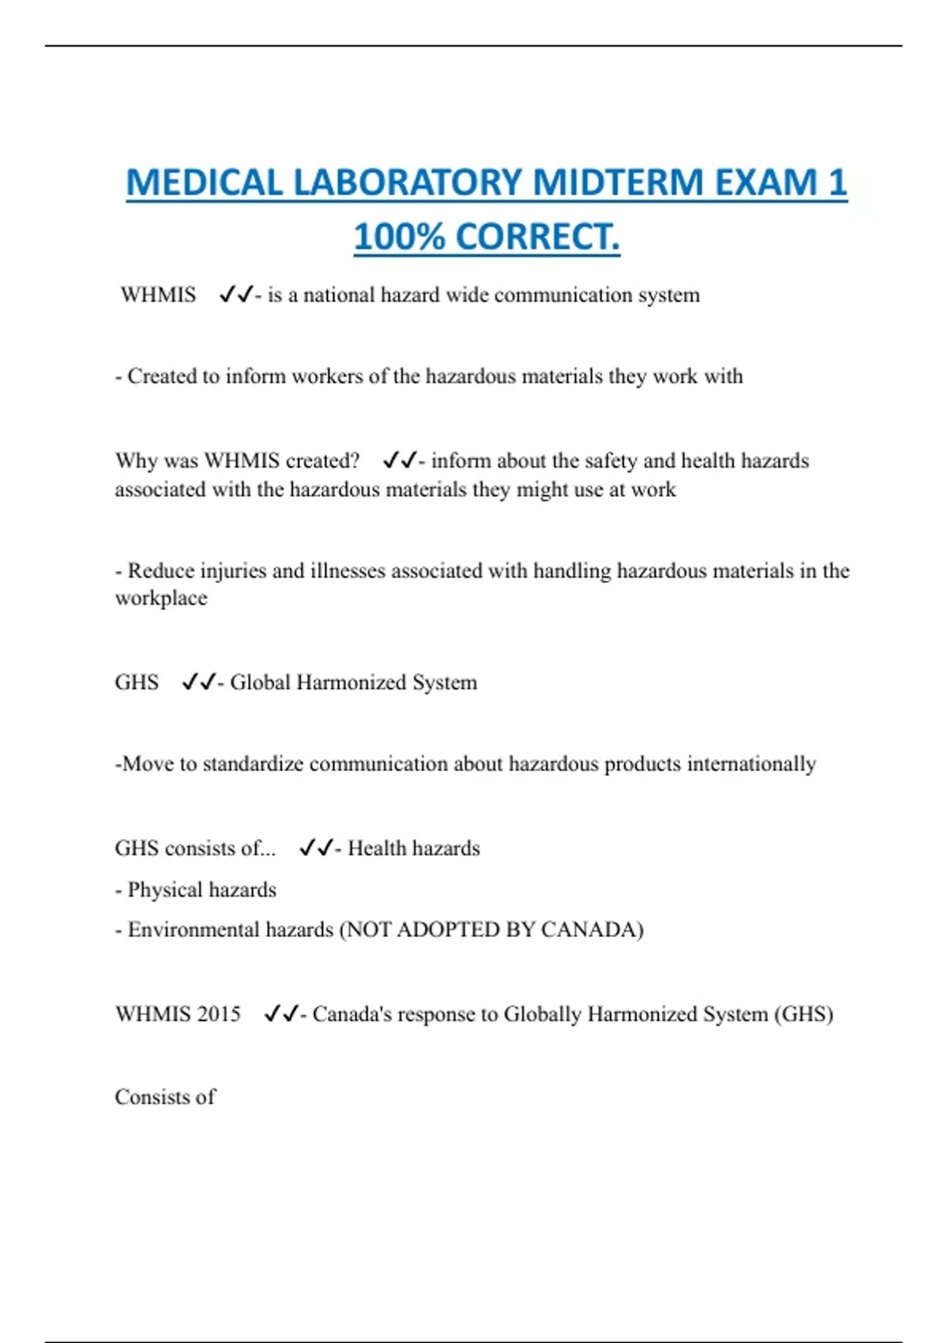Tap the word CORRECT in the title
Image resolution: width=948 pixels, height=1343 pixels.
pyautogui.click(x=536, y=237)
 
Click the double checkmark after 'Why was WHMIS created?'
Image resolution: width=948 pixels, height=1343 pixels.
pyautogui.click(x=399, y=460)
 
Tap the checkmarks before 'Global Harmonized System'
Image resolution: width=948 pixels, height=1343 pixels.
pyautogui.click(x=198, y=682)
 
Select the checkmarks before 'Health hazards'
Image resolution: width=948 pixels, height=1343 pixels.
pyautogui.click(x=316, y=848)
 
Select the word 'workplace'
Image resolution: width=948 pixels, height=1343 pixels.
pyautogui.click(x=161, y=598)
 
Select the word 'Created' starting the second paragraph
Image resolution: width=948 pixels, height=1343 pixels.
pyautogui.click(x=162, y=376)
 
